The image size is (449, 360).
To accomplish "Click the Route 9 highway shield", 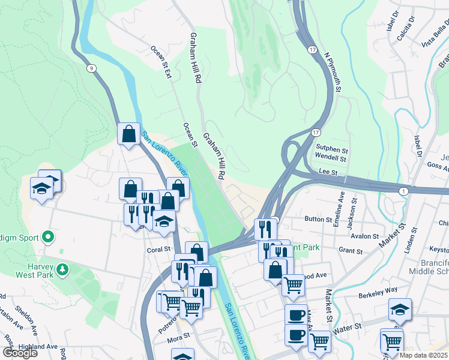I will pyautogui.click(x=91, y=68).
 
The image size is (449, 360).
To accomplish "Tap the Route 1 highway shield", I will pyautogui.click(x=404, y=190).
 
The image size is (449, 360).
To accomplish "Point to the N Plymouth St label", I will pyautogui.click(x=333, y=71).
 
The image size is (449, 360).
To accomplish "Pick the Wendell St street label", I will pyautogui.click(x=331, y=159).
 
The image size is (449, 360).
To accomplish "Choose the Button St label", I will pyautogui.click(x=318, y=220).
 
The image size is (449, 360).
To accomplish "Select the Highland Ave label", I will pyautogui.click(x=38, y=347).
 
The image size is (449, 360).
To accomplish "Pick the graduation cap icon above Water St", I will pyautogui.click(x=400, y=310).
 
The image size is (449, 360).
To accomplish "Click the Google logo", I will pyautogui.click(x=20, y=353).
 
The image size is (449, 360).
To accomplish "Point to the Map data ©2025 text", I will pyautogui.click(x=423, y=355).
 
